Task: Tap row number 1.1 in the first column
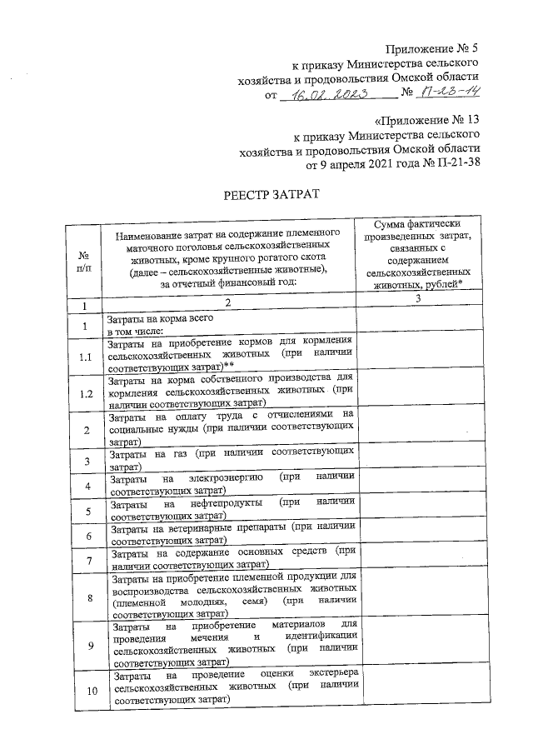[x=84, y=357]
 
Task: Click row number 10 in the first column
[x=84, y=690]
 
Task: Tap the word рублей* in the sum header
[x=443, y=284]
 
